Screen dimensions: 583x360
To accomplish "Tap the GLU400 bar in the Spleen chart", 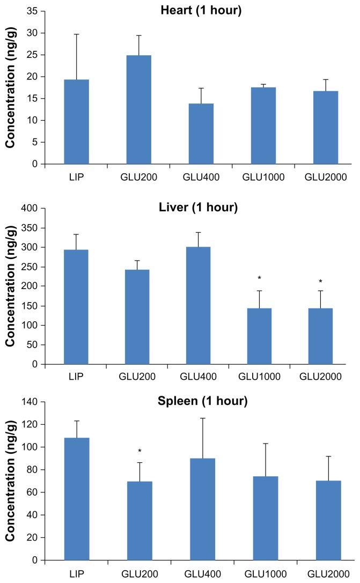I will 201,509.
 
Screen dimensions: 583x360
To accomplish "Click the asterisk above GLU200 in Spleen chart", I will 139,451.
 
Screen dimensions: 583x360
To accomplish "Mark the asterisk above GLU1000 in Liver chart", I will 259,278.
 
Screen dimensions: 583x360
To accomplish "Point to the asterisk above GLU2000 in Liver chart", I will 321,282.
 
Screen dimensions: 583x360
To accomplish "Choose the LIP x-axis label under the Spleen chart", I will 76,574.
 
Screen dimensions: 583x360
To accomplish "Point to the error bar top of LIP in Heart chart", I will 76,34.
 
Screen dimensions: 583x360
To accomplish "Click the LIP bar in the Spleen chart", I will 76,499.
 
